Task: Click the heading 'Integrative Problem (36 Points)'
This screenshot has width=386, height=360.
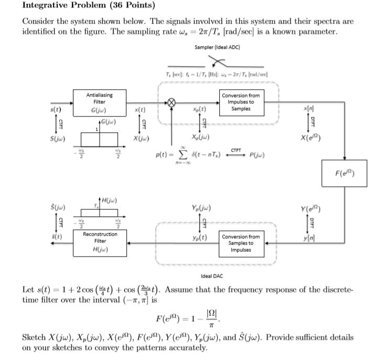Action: coord(81,6)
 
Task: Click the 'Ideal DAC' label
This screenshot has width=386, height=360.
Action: coord(213,277)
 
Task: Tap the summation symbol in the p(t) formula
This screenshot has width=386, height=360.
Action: coord(185,155)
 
